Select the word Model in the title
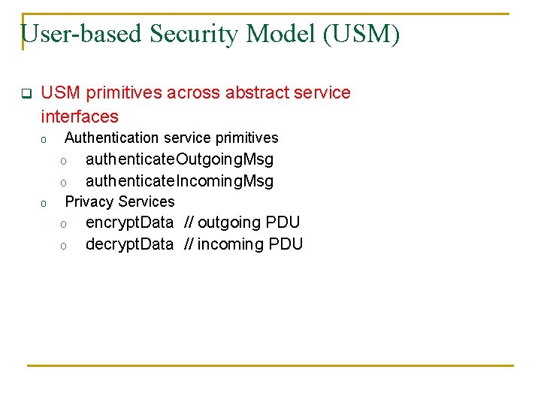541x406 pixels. pyautogui.click(x=289, y=34)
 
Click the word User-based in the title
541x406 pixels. pyautogui.click(x=83, y=34)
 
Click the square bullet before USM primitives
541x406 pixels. pyautogui.click(x=25, y=94)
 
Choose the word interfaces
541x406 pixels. pyautogui.click(x=80, y=117)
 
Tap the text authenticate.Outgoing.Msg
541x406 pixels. pyautogui.click(x=180, y=159)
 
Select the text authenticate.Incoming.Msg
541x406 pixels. pyautogui.click(x=180, y=181)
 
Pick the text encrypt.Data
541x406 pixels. pyautogui.click(x=129, y=223)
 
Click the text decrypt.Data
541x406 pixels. pyautogui.click(x=129, y=244)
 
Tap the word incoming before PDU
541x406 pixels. pyautogui.click(x=228, y=244)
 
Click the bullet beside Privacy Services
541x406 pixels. pyautogui.click(x=44, y=203)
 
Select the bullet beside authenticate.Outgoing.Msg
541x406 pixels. pyautogui.click(x=65, y=161)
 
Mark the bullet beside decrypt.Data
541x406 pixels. pyautogui.click(x=65, y=246)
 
